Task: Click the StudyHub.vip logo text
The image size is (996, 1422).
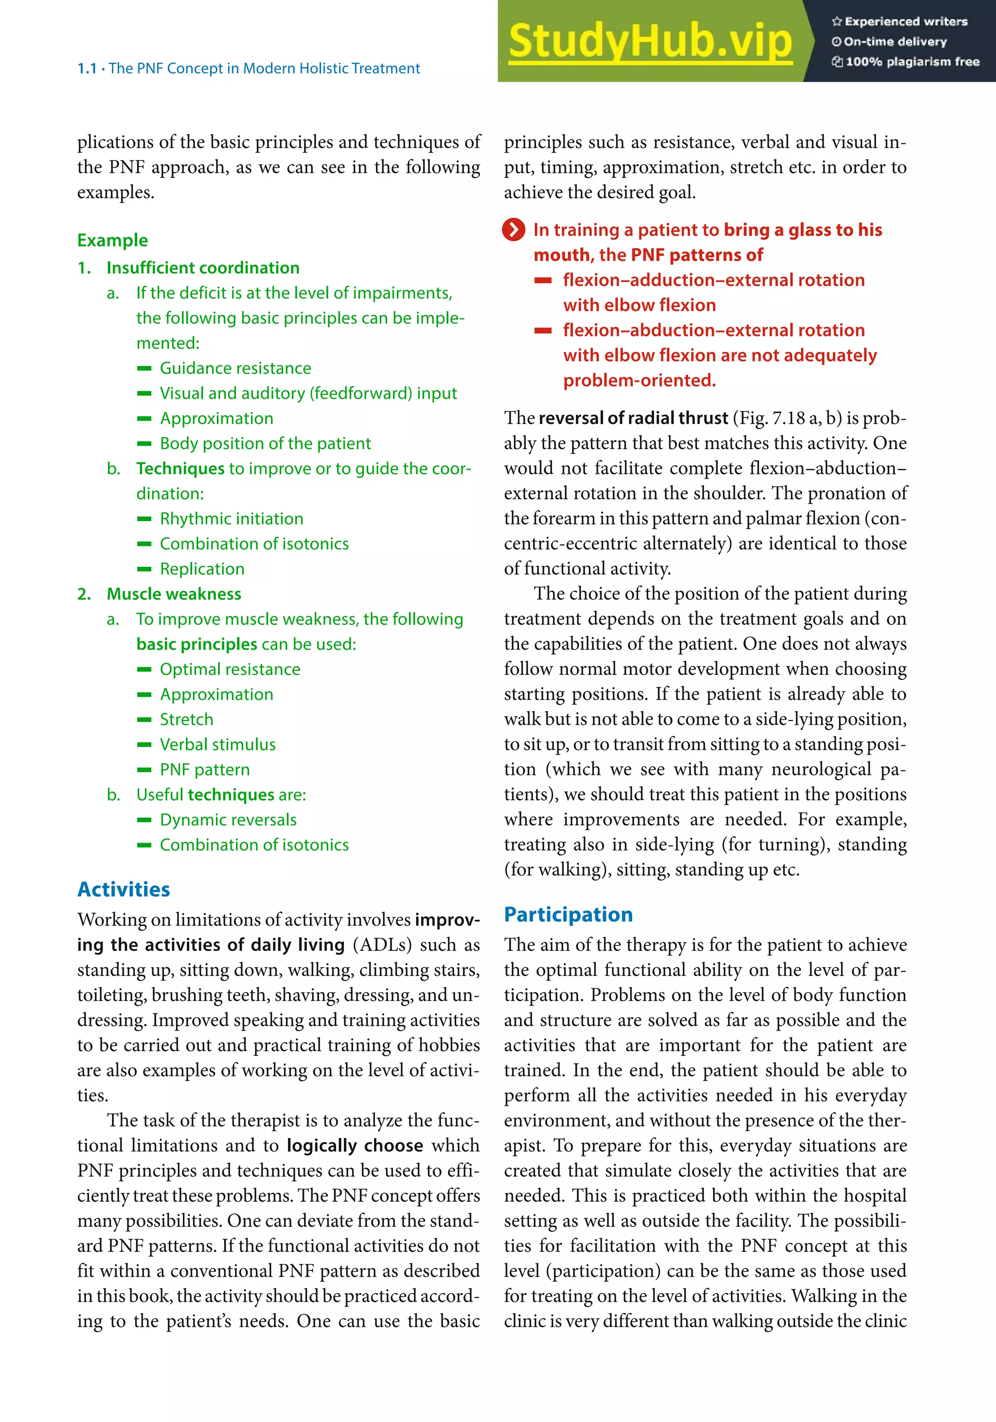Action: tap(650, 41)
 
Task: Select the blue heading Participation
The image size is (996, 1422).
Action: tap(568, 915)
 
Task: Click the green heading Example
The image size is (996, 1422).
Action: tap(112, 240)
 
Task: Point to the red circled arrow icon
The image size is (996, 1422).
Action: tap(514, 230)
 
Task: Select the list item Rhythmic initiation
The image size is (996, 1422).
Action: tap(231, 519)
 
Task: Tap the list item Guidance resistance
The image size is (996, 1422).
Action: tap(235, 369)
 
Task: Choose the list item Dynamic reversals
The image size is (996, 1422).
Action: tap(228, 820)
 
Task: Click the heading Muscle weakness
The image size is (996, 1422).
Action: tap(174, 594)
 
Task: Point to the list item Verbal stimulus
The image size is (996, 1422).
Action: tap(217, 744)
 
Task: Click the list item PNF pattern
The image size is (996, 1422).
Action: tap(204, 770)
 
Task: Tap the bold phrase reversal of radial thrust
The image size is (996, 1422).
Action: tap(633, 418)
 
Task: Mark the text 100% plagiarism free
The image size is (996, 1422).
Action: tap(912, 62)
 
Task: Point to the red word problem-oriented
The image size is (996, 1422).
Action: tap(639, 380)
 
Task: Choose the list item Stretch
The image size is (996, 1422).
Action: tap(186, 720)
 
